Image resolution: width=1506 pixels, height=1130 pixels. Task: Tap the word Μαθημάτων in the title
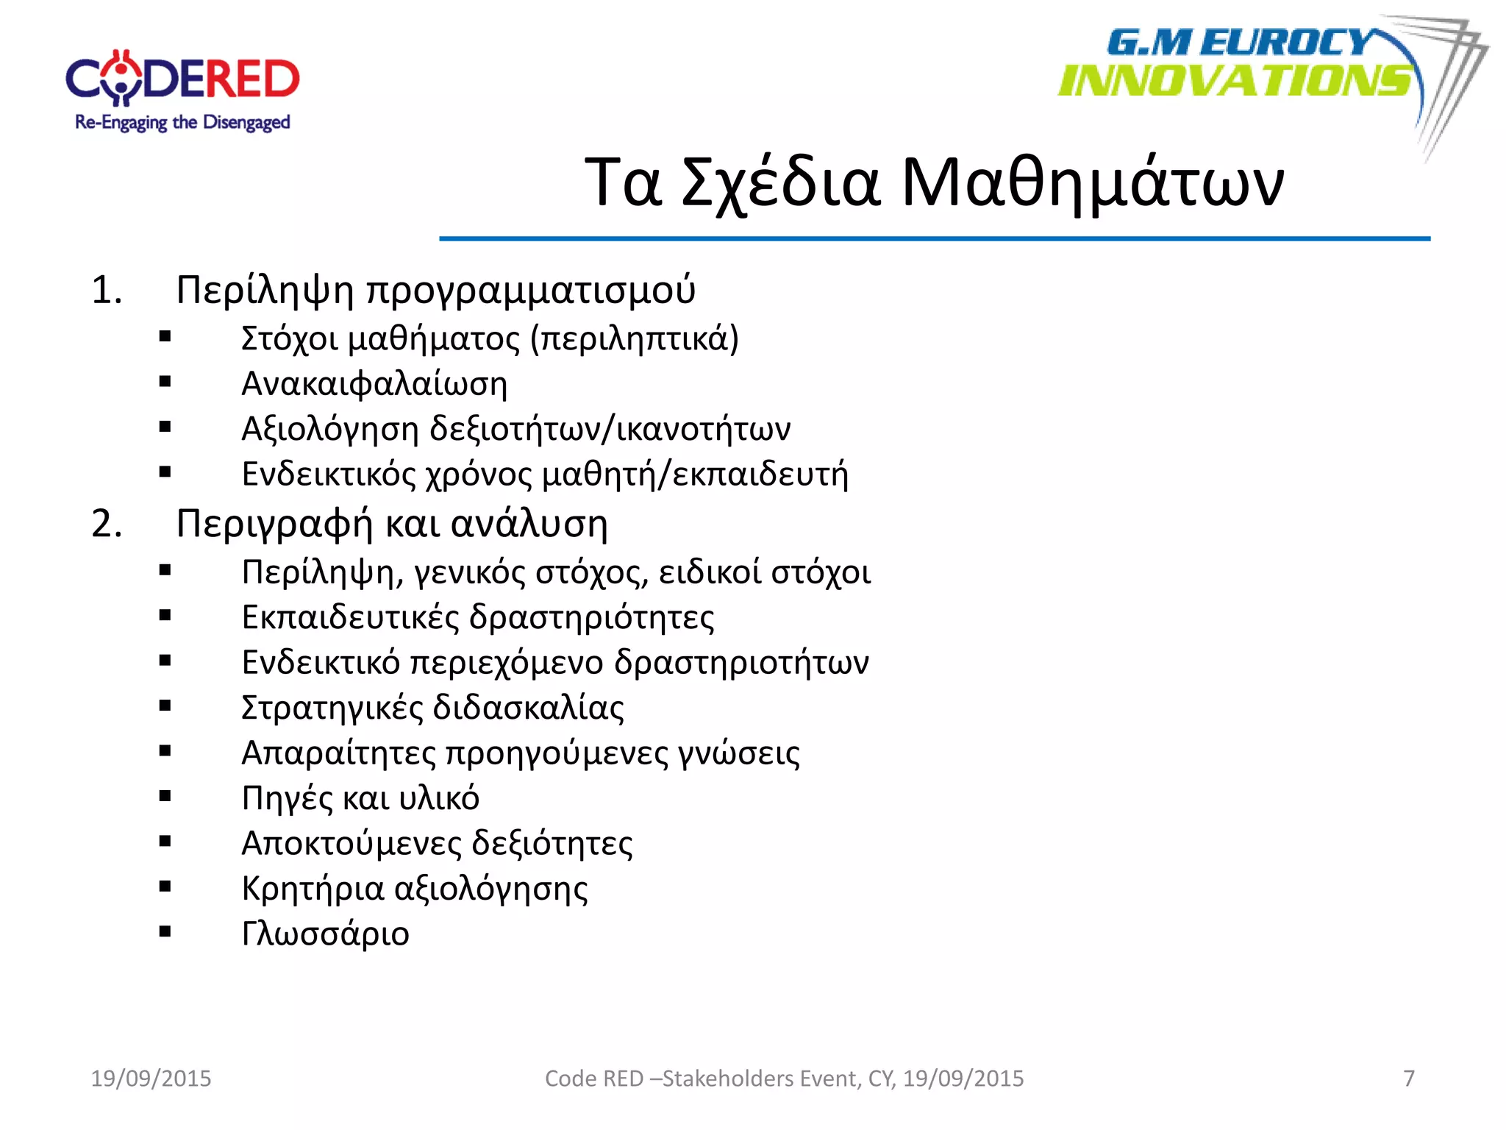pos(1093,182)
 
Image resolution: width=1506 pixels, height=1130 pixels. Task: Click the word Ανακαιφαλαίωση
pos(374,384)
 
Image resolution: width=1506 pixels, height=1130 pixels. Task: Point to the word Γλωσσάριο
pos(325,934)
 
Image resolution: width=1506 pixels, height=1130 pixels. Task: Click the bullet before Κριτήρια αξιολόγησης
pos(165,886)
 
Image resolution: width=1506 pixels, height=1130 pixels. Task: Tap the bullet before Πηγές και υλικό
pos(165,796)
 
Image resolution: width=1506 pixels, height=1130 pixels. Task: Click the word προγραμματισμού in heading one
pos(530,290)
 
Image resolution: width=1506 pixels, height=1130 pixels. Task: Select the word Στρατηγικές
pos(332,708)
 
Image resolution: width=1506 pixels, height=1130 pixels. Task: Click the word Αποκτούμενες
pos(350,843)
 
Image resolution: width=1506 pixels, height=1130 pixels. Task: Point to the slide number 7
pos(1409,1079)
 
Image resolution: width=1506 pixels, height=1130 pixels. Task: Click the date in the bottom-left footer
pos(151,1079)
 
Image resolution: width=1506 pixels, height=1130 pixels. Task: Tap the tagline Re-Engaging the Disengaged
pos(182,123)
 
